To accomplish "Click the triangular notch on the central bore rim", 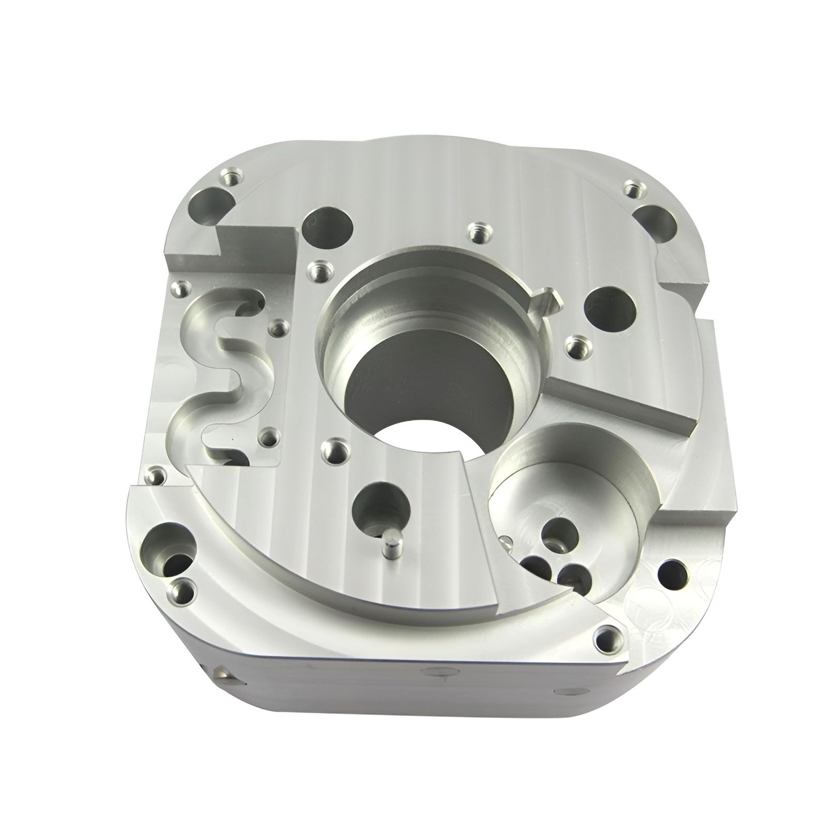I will click(545, 299).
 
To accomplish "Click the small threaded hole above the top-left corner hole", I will click(229, 177).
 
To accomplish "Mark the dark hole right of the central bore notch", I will click(610, 311).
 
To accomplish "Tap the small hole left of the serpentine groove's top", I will click(178, 289).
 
